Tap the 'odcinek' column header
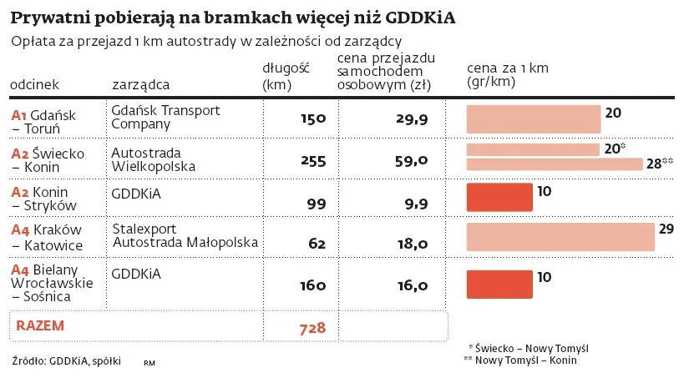(34, 84)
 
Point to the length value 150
(312, 119)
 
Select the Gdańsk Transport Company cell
(165, 118)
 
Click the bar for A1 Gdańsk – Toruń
(533, 118)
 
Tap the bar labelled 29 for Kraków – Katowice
(560, 237)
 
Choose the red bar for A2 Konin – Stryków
(499, 197)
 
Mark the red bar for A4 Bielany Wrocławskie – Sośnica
(499, 284)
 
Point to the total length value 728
(312, 328)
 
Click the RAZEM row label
(40, 325)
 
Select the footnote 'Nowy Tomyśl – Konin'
(525, 360)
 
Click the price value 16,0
(412, 285)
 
